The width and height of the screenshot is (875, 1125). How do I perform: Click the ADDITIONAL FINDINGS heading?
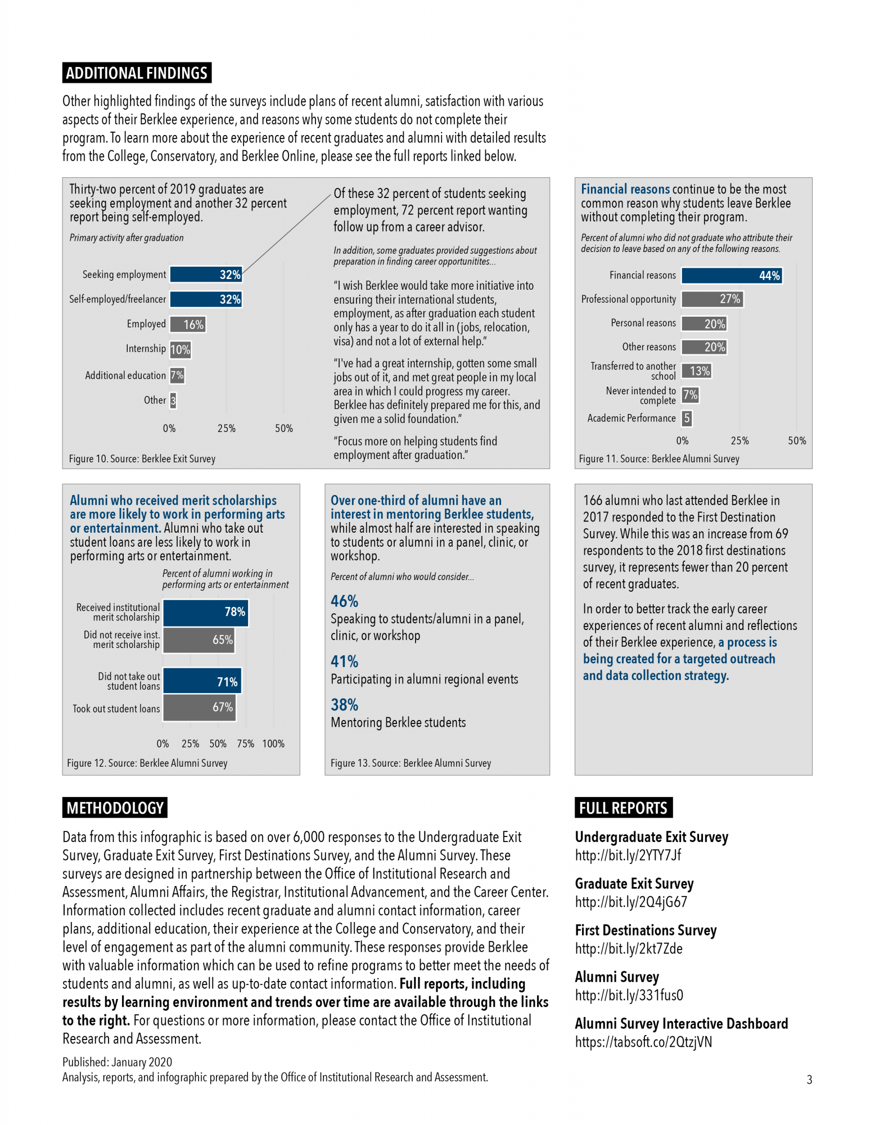pyautogui.click(x=137, y=73)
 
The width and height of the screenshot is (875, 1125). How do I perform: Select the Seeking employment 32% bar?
pyautogui.click(x=206, y=274)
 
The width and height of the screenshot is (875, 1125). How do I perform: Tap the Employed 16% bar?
pyautogui.click(x=188, y=325)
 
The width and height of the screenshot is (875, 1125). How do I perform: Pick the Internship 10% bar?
pyautogui.click(x=181, y=349)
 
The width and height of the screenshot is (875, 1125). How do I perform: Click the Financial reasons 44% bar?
pyautogui.click(x=732, y=276)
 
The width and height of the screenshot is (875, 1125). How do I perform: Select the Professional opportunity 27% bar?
pyautogui.click(x=712, y=299)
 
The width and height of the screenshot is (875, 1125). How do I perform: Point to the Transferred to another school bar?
pyautogui.click(x=697, y=371)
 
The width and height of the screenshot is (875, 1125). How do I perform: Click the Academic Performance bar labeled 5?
pyautogui.click(x=687, y=418)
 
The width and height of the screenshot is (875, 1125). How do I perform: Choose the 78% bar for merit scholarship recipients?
pyautogui.click(x=205, y=613)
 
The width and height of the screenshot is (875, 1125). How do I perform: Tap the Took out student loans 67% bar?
pyautogui.click(x=199, y=708)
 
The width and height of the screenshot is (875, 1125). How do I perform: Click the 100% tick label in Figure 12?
pyautogui.click(x=273, y=744)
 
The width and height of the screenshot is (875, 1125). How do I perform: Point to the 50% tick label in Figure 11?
pyautogui.click(x=797, y=441)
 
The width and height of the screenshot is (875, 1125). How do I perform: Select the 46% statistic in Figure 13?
pyautogui.click(x=344, y=601)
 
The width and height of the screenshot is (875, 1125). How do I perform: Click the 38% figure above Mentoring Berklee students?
pyautogui.click(x=344, y=705)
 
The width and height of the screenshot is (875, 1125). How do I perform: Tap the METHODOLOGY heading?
pyautogui.click(x=115, y=808)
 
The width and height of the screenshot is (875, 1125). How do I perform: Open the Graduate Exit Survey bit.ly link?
pyautogui.click(x=631, y=902)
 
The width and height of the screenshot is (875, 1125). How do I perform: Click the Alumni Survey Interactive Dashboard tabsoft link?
pyautogui.click(x=643, y=1042)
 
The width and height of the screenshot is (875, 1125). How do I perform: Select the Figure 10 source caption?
pyautogui.click(x=142, y=459)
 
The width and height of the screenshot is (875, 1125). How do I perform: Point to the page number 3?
pyautogui.click(x=809, y=1079)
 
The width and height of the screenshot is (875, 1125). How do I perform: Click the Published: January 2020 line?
pyautogui.click(x=118, y=1062)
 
